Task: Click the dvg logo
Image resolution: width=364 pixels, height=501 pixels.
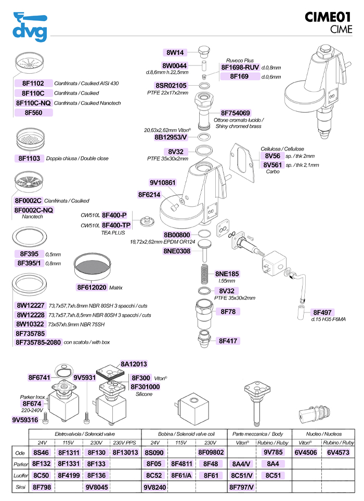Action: [x=30, y=27]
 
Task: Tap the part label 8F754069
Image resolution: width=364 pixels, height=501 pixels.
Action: [x=235, y=113]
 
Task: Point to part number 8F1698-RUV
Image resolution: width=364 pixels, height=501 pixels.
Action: [x=240, y=67]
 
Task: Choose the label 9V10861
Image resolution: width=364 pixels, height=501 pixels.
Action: [x=163, y=183]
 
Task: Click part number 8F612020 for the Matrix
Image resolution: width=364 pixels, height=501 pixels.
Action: [x=92, y=287]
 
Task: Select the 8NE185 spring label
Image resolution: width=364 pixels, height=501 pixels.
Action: [x=227, y=274]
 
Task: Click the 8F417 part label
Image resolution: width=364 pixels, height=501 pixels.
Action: [x=228, y=341]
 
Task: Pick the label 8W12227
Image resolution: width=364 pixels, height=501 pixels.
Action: [x=31, y=306]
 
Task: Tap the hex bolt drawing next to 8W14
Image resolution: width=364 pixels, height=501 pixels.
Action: [x=204, y=51]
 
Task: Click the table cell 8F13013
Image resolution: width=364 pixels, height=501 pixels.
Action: [x=124, y=452]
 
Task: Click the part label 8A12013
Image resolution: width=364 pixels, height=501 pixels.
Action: [x=134, y=364]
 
